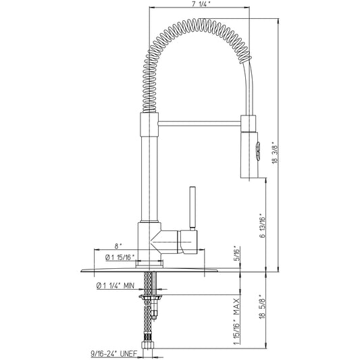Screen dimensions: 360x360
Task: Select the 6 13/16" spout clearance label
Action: pos(263,227)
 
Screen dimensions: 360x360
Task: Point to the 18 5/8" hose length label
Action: pos(263,306)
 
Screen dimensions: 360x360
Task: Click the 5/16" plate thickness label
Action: pos(236,253)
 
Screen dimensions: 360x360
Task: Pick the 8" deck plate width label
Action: pos(118,247)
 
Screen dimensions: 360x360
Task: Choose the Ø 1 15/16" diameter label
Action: pos(120,257)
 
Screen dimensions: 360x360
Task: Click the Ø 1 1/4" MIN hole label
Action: pos(115,286)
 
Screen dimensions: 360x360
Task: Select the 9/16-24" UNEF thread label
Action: pos(113,353)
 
